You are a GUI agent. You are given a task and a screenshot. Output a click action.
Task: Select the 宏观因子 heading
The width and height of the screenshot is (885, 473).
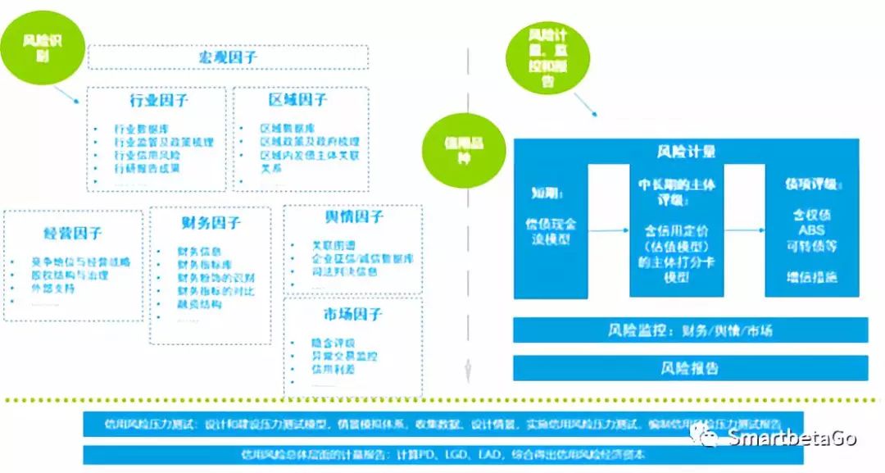pyautogui.click(x=228, y=57)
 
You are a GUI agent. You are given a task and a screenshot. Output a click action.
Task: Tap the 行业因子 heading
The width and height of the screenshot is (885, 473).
pyautogui.click(x=158, y=101)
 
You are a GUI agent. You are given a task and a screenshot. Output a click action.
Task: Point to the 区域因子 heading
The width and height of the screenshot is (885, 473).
pyautogui.click(x=297, y=100)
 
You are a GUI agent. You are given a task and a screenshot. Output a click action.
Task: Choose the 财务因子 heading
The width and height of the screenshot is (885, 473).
pyautogui.click(x=211, y=223)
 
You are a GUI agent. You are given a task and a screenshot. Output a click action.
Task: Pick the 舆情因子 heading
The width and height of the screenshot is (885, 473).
pyautogui.click(x=354, y=216)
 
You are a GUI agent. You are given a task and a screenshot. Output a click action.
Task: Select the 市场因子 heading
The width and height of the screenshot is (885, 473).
pyautogui.click(x=353, y=314)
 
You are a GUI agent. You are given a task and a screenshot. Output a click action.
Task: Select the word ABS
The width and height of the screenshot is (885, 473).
pyautogui.click(x=811, y=230)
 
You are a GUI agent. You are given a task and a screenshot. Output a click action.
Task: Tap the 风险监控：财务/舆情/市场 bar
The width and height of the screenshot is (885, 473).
pyautogui.click(x=690, y=331)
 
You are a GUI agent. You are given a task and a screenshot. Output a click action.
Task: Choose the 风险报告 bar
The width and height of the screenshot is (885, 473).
pyautogui.click(x=690, y=368)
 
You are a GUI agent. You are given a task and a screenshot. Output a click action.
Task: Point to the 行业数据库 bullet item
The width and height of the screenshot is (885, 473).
pyautogui.click(x=141, y=130)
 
